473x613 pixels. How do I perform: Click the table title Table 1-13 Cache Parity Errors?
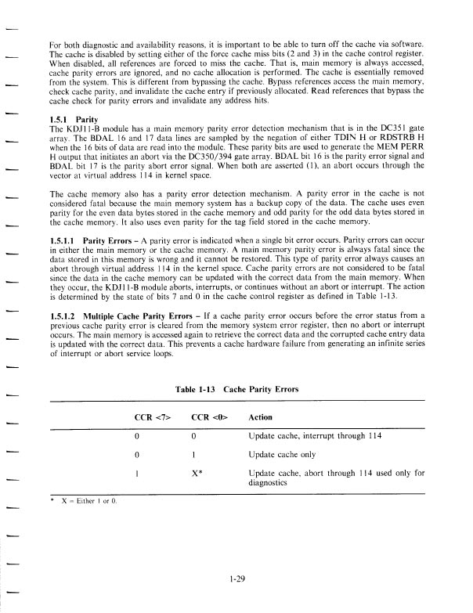pyautogui.click(x=238, y=389)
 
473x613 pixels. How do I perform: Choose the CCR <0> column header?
pyautogui.click(x=206, y=417)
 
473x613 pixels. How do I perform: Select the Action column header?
pyautogui.click(x=260, y=417)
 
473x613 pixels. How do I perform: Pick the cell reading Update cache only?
pyautogui.click(x=283, y=454)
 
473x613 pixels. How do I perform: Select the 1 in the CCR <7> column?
pyautogui.click(x=139, y=473)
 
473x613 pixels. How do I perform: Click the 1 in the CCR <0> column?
pyautogui.click(x=193, y=454)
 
